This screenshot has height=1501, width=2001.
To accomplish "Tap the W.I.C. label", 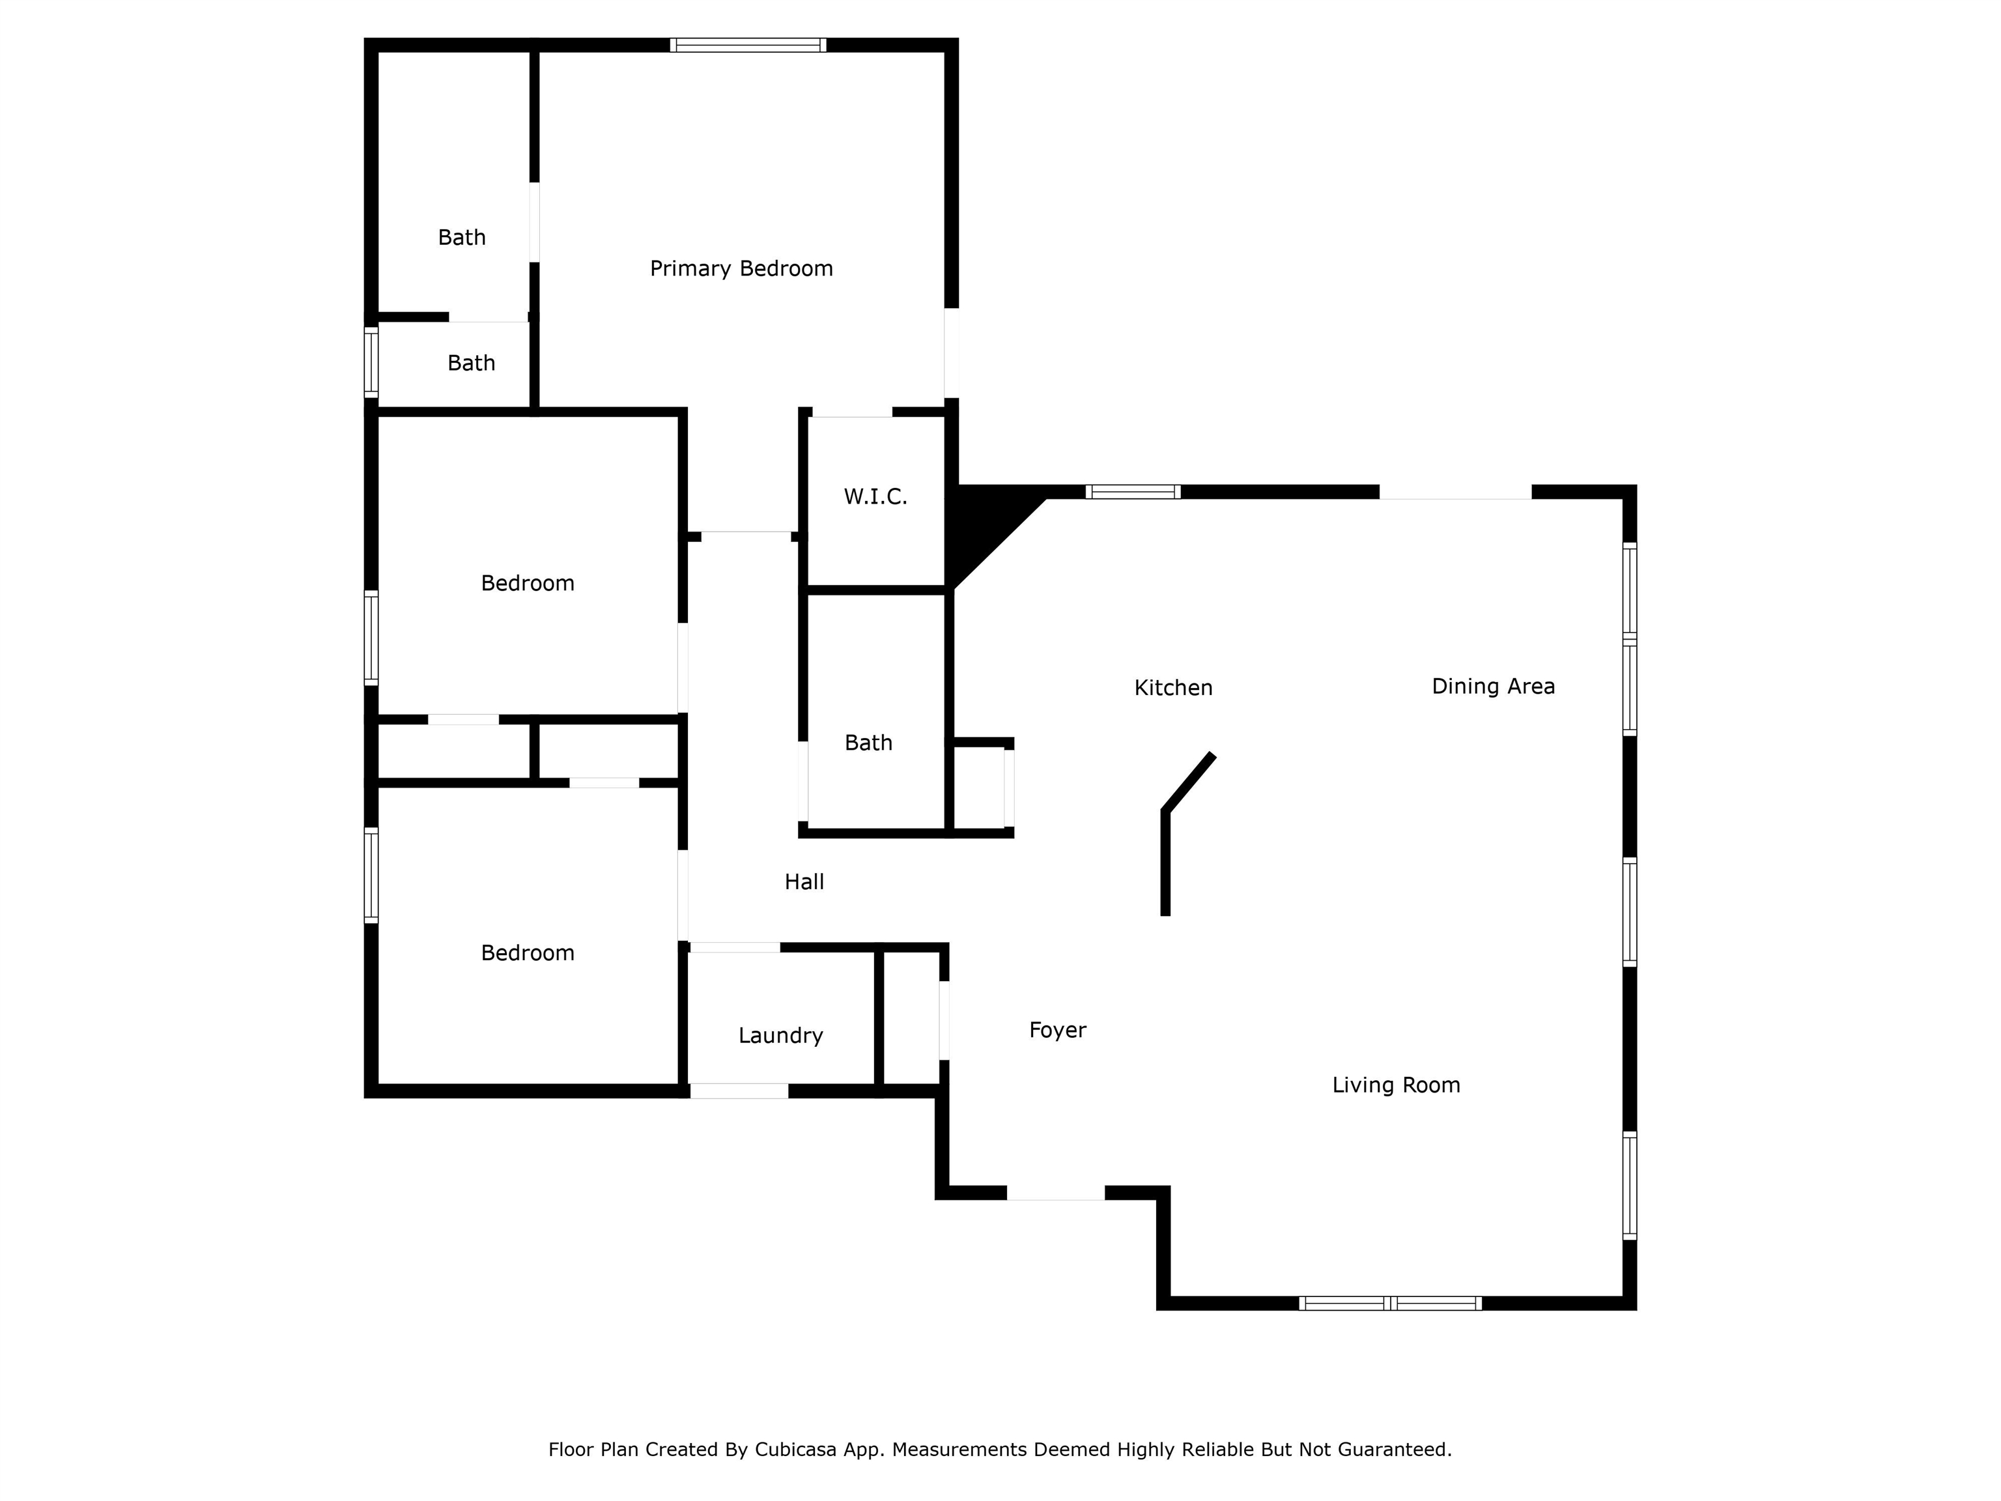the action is [875, 496].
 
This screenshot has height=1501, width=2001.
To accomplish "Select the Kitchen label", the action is [1173, 687].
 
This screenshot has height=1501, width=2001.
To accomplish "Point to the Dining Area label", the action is [1493, 686].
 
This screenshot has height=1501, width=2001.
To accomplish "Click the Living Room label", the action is [1396, 1085].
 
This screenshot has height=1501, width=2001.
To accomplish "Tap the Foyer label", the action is [1057, 1029].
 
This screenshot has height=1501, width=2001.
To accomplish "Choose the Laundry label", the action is [781, 1035].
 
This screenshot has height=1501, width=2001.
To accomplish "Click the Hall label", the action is [804, 881].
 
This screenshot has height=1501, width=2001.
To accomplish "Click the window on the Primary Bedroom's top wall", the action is [748, 45].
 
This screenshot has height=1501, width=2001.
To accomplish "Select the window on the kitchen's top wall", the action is [1133, 493].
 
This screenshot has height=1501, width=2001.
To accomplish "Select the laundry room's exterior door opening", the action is [739, 1091].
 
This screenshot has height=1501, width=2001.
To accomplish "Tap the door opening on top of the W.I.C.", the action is [852, 412].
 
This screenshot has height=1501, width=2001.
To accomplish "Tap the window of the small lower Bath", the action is [371, 362].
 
